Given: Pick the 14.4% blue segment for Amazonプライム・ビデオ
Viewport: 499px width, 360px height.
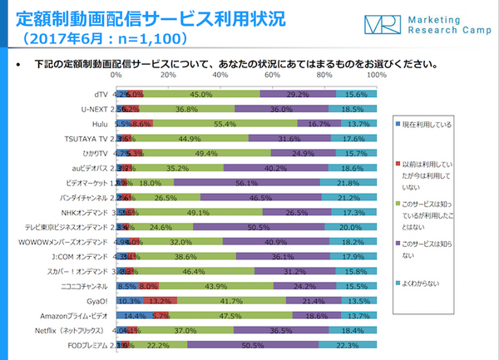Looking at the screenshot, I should click(135, 317).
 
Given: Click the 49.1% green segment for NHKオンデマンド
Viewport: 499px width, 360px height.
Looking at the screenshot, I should click(199, 212).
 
